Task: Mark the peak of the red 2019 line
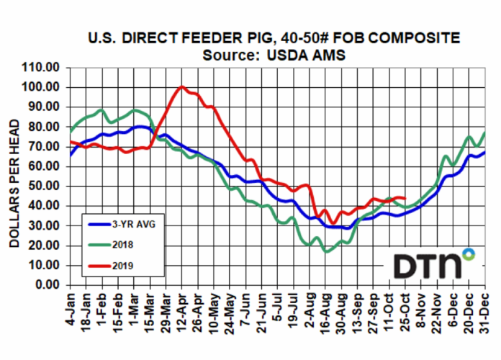[181, 86]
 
